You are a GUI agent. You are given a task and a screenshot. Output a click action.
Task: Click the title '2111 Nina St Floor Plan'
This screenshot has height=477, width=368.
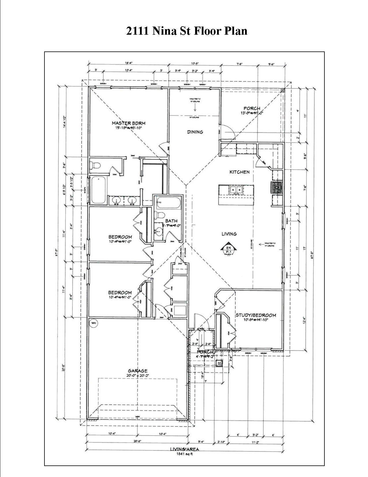point(187,31)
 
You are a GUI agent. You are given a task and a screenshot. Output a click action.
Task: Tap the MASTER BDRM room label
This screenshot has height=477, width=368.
point(129,123)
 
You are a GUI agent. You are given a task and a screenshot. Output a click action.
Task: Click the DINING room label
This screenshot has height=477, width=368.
point(195,132)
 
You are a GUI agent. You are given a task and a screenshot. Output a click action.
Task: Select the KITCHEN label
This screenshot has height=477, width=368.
point(239,172)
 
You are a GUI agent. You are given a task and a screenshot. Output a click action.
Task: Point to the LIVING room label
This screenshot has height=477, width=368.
point(229,234)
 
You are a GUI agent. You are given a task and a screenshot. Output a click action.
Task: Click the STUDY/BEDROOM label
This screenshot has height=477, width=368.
point(256,315)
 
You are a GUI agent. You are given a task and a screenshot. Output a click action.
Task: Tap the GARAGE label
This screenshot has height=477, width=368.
point(138,371)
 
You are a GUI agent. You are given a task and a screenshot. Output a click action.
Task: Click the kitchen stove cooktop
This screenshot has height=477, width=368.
point(277,188)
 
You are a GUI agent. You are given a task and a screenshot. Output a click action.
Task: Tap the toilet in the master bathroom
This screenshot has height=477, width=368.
point(95,166)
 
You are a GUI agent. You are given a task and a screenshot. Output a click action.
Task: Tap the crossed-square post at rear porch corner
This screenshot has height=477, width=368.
point(283,90)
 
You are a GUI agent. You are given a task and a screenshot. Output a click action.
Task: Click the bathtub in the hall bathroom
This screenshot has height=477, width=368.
point(168,202)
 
